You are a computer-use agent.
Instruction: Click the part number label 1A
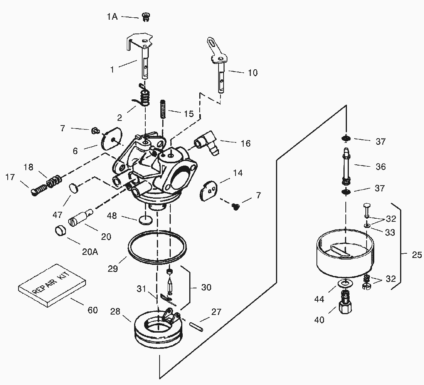[x=112, y=17]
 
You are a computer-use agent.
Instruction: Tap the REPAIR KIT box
[x=52, y=285]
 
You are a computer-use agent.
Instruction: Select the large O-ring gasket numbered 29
[x=157, y=247]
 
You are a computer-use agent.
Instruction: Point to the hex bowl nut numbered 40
[x=345, y=303]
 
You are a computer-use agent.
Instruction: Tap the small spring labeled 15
[x=163, y=109]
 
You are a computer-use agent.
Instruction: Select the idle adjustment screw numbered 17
[x=39, y=189]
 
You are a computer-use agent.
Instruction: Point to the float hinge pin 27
[x=195, y=326]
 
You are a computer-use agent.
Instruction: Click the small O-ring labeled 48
[x=145, y=220]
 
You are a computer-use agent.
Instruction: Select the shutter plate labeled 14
[x=209, y=191]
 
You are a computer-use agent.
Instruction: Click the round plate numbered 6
[x=112, y=138]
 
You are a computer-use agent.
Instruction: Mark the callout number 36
[x=380, y=166]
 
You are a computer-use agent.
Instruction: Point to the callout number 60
[x=93, y=310]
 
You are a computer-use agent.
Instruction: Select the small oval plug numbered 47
[x=73, y=188]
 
